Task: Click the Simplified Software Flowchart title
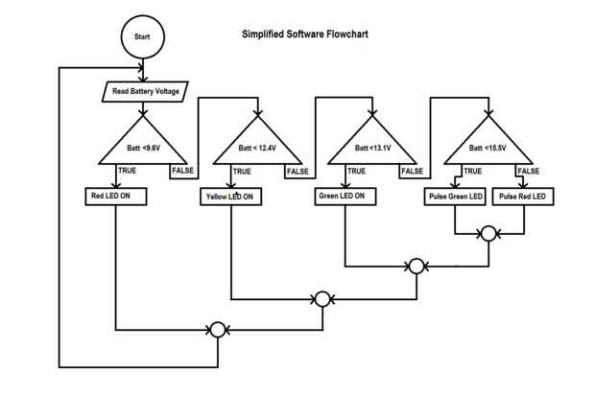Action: point(304,34)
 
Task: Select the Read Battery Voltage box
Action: point(144,91)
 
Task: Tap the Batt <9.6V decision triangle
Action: point(144,144)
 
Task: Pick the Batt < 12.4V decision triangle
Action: point(258,144)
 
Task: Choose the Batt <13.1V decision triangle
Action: point(373,144)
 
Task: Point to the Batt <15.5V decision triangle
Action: point(488,144)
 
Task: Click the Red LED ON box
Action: point(115,196)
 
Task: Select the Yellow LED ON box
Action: point(231,197)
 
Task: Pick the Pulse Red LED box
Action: point(523,197)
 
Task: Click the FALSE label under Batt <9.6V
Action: point(182,172)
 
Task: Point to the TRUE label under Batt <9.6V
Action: point(127,172)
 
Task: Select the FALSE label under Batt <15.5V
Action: point(529,172)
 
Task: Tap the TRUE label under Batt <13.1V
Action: point(356,172)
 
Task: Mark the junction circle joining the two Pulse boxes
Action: point(488,233)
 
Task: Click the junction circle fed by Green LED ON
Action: point(416,266)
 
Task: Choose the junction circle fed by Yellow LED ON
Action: point(323,298)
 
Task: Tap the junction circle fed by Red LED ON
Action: point(217,330)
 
